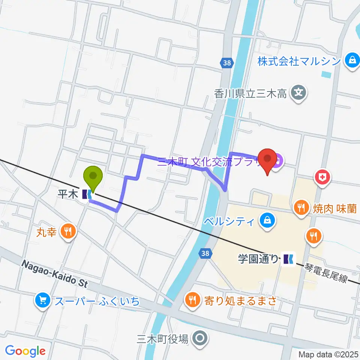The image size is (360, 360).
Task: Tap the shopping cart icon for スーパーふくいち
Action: [x=42, y=300]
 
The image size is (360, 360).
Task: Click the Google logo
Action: [x=25, y=351]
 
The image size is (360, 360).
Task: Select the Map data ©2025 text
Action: [x=328, y=354]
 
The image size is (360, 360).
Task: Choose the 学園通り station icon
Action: [x=288, y=258]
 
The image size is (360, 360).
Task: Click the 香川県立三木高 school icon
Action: [x=299, y=92]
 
